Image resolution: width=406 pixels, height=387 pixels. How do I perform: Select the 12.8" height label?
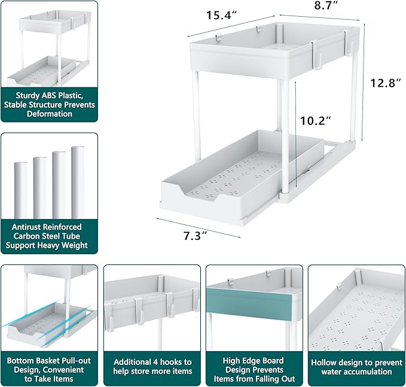(383, 84)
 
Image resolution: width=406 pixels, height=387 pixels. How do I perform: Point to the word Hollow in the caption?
(326, 362)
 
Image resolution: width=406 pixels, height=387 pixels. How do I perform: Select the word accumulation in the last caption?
(356, 371)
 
